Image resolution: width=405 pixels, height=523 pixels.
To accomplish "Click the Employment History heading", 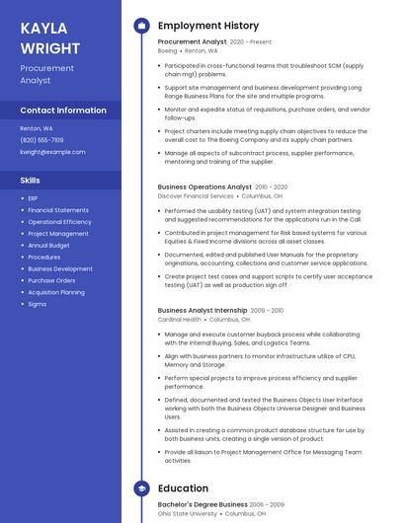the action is click(x=207, y=26).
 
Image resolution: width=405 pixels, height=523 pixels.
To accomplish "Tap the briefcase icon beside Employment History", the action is click(x=141, y=26).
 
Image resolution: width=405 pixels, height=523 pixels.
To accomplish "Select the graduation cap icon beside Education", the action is click(x=141, y=488).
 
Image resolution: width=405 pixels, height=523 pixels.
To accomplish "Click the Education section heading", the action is click(x=183, y=488).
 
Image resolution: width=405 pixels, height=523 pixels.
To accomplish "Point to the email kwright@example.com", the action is click(x=52, y=152).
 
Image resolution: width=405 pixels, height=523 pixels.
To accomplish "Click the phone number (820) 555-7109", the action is click(x=41, y=140).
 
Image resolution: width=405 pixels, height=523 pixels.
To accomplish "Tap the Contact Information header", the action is click(x=63, y=111).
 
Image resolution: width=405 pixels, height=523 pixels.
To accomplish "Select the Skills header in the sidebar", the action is click(x=31, y=181).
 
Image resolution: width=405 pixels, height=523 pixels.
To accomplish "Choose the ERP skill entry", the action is click(x=33, y=198).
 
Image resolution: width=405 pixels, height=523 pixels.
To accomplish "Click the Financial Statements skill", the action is click(x=57, y=210).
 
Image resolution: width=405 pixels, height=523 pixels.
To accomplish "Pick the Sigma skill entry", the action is click(x=37, y=304).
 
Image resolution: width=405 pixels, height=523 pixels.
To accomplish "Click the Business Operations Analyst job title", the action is click(x=204, y=187).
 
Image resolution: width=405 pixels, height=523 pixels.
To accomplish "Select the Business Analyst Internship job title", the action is click(x=202, y=310).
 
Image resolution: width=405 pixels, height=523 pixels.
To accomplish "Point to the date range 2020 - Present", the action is click(x=250, y=42).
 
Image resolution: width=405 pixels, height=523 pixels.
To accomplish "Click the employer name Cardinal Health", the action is click(x=180, y=320).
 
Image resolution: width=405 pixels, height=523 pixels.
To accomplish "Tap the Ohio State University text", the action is click(x=189, y=513).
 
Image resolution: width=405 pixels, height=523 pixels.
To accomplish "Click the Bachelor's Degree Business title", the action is click(x=202, y=504).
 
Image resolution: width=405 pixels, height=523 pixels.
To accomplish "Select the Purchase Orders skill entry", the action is click(x=51, y=280).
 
